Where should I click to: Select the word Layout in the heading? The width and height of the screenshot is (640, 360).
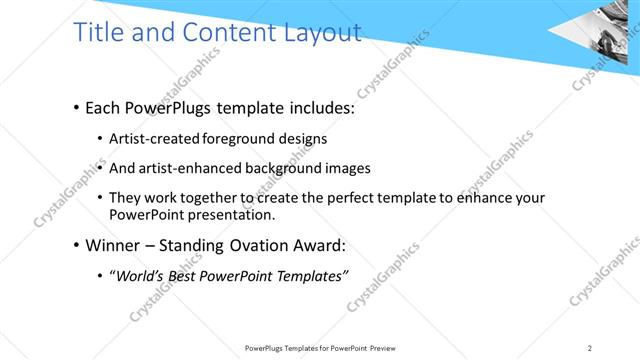coord(317,32)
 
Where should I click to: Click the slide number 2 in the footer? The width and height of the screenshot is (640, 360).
coord(590,348)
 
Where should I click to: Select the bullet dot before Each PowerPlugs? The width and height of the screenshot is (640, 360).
coord(77,108)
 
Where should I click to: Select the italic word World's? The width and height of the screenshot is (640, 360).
coord(138,276)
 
